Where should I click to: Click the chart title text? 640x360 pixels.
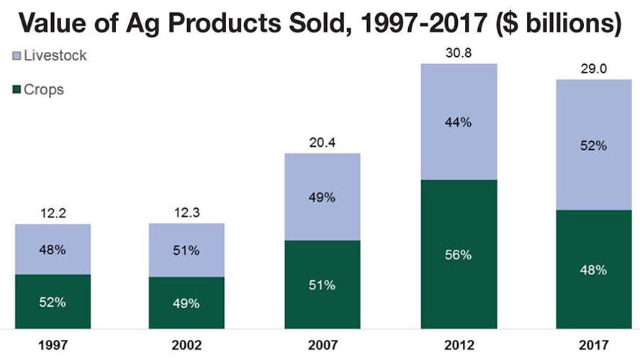pyautogui.click(x=320, y=24)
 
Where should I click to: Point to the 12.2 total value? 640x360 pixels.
pyautogui.click(x=53, y=214)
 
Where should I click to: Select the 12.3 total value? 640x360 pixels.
pyautogui.click(x=186, y=214)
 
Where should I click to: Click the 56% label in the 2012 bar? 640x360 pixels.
pyautogui.click(x=458, y=255)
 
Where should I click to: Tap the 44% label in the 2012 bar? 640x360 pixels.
pyautogui.click(x=458, y=122)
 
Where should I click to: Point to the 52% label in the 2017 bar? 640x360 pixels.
pyautogui.click(x=592, y=145)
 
